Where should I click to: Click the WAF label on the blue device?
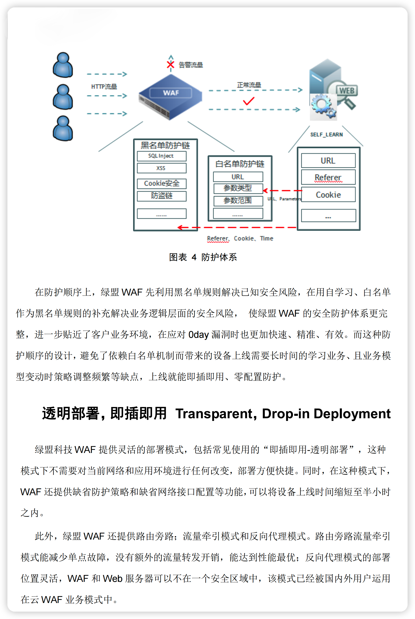tap(171, 93)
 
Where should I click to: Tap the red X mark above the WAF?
tap(171, 64)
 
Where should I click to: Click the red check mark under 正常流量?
tap(249, 101)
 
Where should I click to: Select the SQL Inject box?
tap(161, 156)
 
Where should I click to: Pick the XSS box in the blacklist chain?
tap(161, 168)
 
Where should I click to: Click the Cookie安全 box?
tap(161, 183)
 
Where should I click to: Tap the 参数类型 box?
tap(238, 188)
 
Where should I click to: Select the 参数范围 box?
tap(238, 201)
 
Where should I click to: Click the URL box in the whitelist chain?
tap(238, 177)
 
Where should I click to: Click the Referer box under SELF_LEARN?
tap(328, 177)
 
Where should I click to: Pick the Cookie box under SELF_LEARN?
tap(328, 195)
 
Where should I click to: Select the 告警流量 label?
tap(191, 65)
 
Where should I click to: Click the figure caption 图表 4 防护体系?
tap(203, 257)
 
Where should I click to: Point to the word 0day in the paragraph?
tap(198, 335)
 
